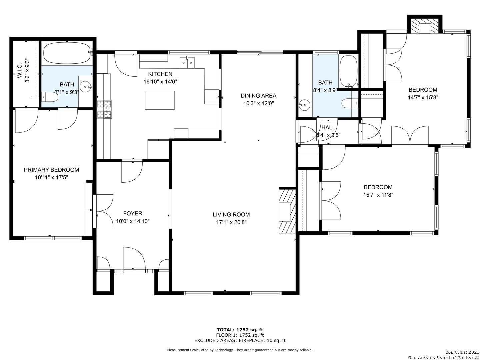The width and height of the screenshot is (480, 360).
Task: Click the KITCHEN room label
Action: pos(160,74)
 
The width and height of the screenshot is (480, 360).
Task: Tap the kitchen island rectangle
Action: pos(160,100)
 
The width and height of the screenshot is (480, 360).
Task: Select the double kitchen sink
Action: pos(187,63)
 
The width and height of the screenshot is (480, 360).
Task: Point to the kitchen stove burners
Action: pos(105,109)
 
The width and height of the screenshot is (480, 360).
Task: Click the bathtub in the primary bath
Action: pos(67,53)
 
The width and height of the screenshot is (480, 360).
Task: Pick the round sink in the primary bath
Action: pos(86,87)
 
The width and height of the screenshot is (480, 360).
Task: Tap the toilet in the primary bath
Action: pos(50,97)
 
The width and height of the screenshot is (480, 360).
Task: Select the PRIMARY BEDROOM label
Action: pos(51,170)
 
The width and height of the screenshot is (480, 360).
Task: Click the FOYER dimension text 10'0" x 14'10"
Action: pos(133,221)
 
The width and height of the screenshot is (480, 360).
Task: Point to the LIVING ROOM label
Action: pos(231,214)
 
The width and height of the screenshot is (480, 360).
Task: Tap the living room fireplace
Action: pos(287,210)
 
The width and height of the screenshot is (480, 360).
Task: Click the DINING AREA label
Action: pos(258,96)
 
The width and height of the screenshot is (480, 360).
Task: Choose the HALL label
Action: pos(328,127)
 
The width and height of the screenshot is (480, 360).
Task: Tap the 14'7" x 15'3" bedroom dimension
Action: pos(423,97)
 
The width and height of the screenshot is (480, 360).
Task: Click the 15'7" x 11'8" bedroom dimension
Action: pos(378,195)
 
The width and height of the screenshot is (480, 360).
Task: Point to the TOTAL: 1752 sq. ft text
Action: pos(240,329)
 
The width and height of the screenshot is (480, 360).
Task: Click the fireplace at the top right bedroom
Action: pos(425,26)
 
